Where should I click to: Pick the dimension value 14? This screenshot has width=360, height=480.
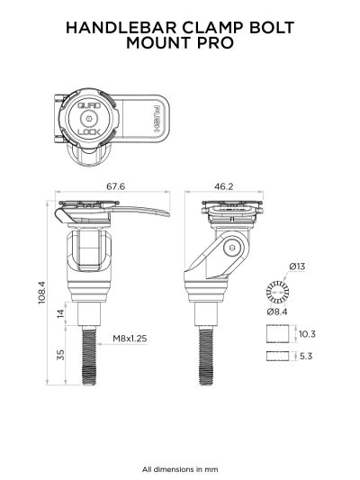pyautogui.click(x=61, y=313)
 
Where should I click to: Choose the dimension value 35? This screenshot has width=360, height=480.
pyautogui.click(x=61, y=356)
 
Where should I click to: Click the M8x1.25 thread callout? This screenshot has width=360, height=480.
pyautogui.click(x=130, y=339)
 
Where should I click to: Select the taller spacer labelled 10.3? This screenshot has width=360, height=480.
pyautogui.click(x=281, y=334)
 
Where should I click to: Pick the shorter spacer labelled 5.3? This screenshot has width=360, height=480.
pyautogui.click(x=281, y=357)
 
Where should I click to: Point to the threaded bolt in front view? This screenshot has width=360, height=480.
pyautogui.click(x=90, y=356)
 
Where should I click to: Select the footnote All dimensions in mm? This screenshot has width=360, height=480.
pyautogui.click(x=180, y=468)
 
